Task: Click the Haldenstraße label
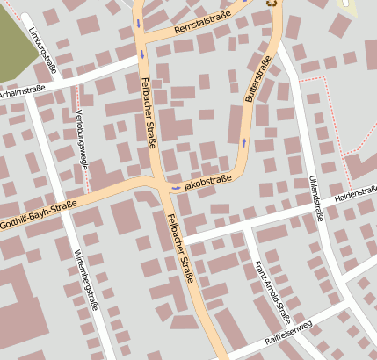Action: (x=355, y=192)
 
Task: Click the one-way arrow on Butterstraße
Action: (x=243, y=140)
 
